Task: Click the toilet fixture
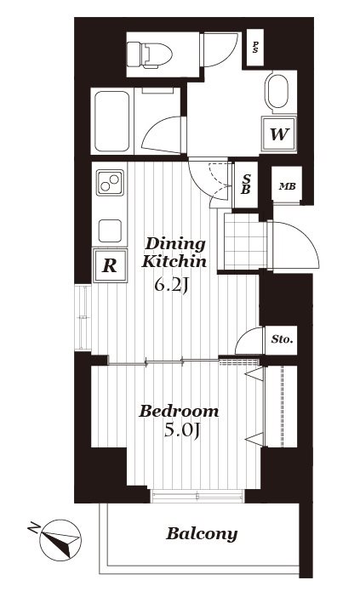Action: coord(149,55)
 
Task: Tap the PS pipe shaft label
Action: coord(254,48)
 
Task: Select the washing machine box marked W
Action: coord(279,134)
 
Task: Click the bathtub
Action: coord(111,121)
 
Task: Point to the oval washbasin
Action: coord(278,91)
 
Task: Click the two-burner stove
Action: coord(110,182)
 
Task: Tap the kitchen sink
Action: coord(110,230)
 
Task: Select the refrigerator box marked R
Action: coord(110,265)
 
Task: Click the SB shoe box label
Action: coord(246,185)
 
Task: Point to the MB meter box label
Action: coord(287,186)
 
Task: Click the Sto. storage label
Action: coord(283,339)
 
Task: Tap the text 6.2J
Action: coord(171,285)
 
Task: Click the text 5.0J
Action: coord(182,430)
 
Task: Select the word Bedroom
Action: coord(179,411)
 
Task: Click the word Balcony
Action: coord(202,534)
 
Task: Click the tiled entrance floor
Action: coord(245,242)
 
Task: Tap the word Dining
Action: coord(175,244)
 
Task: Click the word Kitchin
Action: coord(174,261)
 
